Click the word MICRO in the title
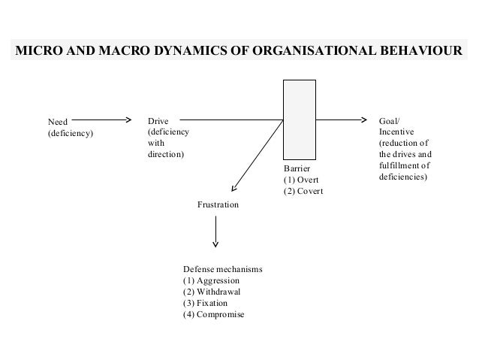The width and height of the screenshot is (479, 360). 37,51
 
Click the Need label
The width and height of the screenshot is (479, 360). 57,120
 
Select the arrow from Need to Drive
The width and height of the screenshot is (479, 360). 101,119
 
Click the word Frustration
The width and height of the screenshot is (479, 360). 218,204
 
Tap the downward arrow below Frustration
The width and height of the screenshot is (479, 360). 216,232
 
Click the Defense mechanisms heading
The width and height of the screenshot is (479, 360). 222,269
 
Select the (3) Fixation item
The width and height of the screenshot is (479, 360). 208,303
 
